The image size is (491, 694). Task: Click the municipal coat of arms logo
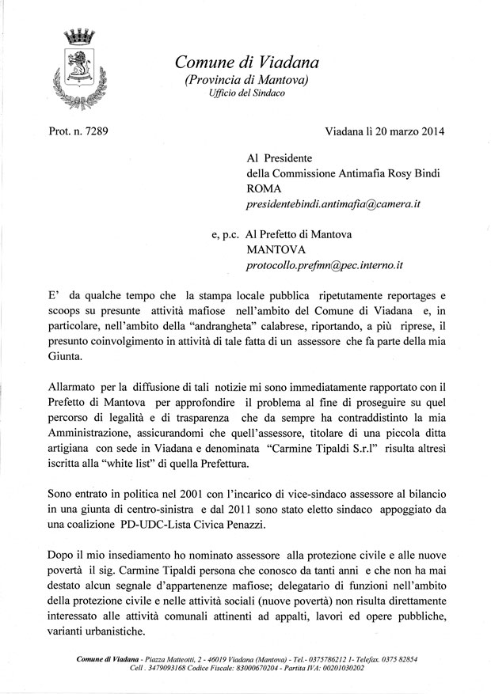coord(78,70)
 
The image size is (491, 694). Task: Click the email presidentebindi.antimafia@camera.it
coord(333,203)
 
